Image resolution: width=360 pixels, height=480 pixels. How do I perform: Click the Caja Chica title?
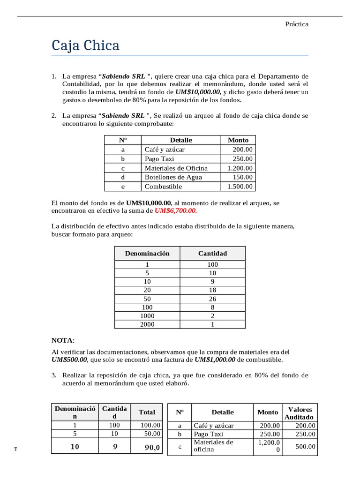pos(85,45)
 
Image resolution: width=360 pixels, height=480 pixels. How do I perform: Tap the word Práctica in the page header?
pos(297,24)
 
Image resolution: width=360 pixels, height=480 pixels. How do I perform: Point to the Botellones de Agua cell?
pos(173,177)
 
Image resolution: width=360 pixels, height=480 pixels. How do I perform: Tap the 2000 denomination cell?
pos(147,324)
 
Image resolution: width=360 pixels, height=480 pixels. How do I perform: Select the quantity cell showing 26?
pos(212,298)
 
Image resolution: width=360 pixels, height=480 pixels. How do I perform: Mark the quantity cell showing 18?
pos(212,290)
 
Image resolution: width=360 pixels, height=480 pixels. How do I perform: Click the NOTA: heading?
pos(63,340)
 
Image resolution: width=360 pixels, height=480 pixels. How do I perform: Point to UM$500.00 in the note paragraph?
pos(69,360)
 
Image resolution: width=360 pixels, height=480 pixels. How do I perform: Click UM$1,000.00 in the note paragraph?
pos(215,360)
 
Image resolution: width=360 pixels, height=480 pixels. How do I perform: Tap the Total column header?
pos(147,412)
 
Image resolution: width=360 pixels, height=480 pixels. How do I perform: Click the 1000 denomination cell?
pos(147,315)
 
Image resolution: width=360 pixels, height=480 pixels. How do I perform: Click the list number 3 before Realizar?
pos(54,375)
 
